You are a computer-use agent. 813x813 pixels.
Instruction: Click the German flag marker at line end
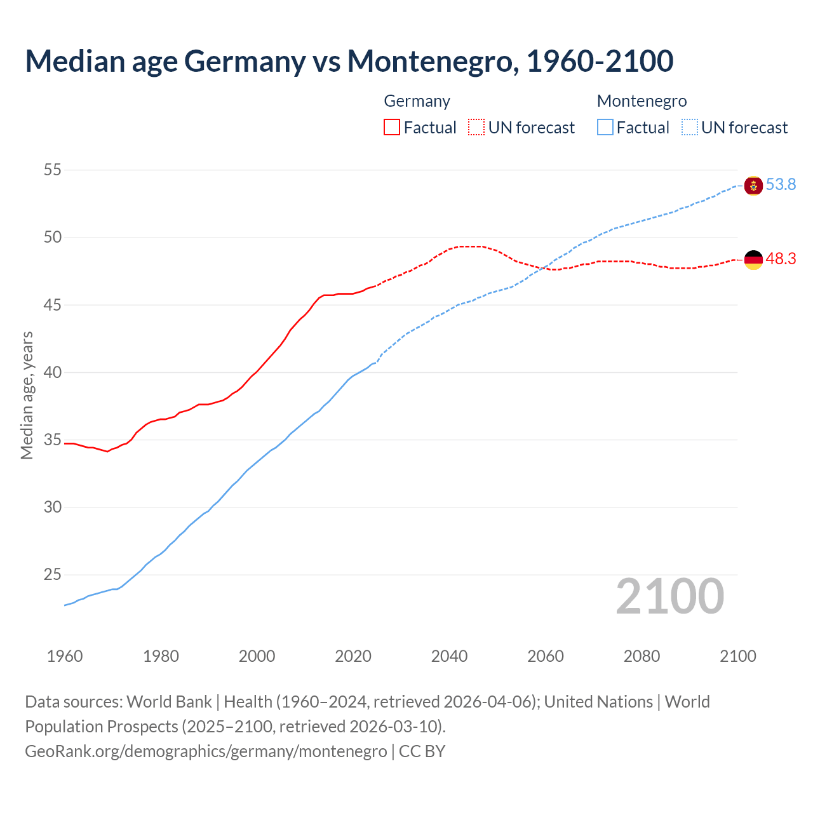click(x=753, y=260)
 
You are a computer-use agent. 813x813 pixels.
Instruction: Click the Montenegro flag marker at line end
click(x=753, y=185)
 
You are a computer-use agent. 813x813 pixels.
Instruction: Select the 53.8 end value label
click(x=781, y=185)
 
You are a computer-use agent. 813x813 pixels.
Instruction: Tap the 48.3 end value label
click(x=781, y=259)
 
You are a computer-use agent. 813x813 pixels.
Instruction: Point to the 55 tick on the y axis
click(x=53, y=170)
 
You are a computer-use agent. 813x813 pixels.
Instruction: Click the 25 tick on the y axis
click(x=53, y=575)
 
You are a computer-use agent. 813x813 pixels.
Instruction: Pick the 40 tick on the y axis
click(x=53, y=372)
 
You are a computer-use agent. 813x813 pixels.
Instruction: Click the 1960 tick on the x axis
click(x=65, y=656)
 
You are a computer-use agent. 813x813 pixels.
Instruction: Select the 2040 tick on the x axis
click(x=449, y=656)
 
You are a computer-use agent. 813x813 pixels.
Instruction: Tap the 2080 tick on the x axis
click(x=642, y=656)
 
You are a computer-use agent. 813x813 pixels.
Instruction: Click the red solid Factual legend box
click(x=392, y=128)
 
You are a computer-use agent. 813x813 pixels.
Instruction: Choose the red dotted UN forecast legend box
click(x=476, y=128)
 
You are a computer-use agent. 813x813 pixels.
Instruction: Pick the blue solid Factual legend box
click(x=605, y=128)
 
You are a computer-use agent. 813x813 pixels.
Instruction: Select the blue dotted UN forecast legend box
click(x=690, y=128)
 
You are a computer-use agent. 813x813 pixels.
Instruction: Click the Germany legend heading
click(x=417, y=101)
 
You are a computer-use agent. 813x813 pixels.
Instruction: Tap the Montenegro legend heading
click(x=642, y=101)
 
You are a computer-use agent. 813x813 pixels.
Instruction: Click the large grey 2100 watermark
click(x=669, y=596)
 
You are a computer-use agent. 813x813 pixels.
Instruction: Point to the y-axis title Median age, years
click(x=27, y=395)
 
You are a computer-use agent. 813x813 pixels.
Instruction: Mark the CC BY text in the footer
click(x=422, y=751)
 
